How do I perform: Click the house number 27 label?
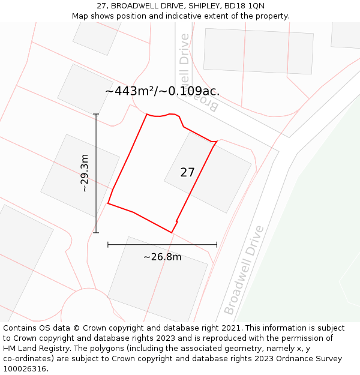tap(187, 172)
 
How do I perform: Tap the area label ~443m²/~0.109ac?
tap(162, 91)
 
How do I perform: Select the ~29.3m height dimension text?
tap(85, 173)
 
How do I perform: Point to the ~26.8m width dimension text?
tap(162, 257)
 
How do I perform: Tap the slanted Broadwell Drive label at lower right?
tap(244, 270)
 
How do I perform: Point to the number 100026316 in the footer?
tap(25, 369)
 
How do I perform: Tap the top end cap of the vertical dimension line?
tap(96, 114)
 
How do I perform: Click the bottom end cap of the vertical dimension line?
tap(96, 232)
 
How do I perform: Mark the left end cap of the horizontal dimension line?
tap(108, 245)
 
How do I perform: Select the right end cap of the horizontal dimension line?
tap(217, 245)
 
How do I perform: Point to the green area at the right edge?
tap(312, 240)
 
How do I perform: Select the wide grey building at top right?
tap(258, 51)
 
